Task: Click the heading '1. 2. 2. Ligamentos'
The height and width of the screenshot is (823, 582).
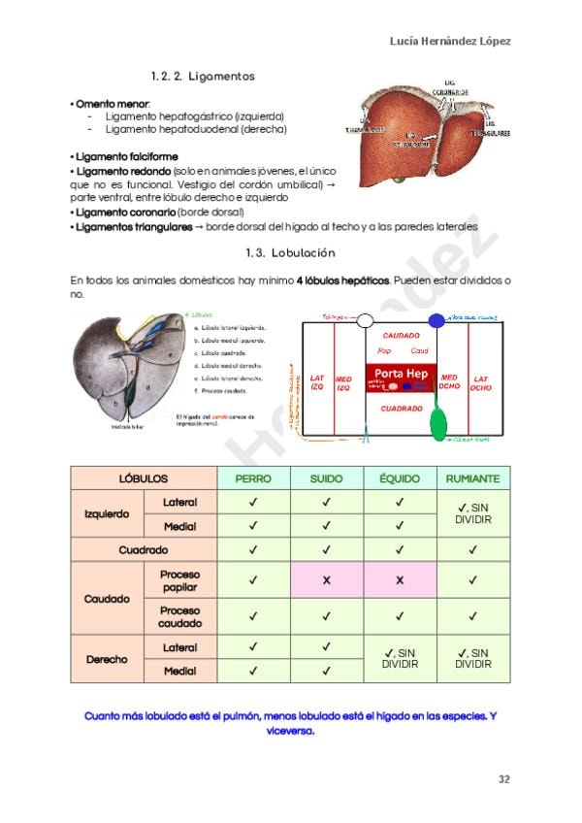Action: [203, 75]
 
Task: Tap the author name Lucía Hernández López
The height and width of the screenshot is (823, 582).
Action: [450, 41]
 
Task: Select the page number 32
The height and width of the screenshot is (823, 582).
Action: [503, 778]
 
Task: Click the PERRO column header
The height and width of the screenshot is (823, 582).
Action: [253, 478]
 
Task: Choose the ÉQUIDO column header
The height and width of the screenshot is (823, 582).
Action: [399, 478]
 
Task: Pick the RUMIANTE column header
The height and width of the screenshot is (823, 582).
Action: [472, 478]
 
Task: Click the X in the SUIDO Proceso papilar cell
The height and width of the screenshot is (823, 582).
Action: [326, 580]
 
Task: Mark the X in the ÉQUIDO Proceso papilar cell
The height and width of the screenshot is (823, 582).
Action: [399, 580]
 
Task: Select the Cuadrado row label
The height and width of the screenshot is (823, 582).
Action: [144, 549]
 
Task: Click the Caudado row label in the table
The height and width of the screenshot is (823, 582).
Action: [107, 599]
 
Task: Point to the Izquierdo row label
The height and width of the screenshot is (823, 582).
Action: [107, 514]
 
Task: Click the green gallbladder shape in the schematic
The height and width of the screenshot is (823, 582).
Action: [439, 420]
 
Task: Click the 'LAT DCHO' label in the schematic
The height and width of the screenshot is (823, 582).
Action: [481, 382]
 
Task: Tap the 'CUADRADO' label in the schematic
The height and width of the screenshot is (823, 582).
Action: [401, 409]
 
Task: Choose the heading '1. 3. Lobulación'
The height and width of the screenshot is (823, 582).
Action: [290, 252]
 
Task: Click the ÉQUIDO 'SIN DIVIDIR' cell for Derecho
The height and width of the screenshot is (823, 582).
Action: [399, 659]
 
